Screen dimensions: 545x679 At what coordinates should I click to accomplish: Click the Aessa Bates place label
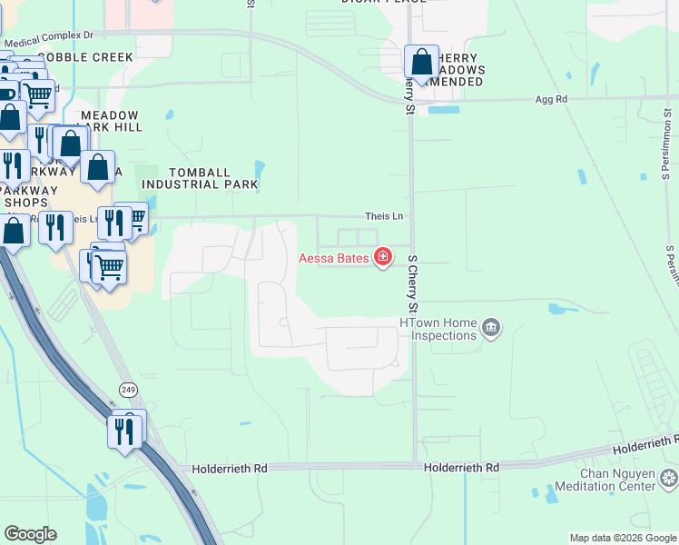(x=334, y=259)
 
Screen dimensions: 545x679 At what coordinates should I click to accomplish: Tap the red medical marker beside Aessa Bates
(x=383, y=258)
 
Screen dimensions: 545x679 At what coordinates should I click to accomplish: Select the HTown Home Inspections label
(x=438, y=329)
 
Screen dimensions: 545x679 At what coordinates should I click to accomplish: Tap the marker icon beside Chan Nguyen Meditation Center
(x=669, y=478)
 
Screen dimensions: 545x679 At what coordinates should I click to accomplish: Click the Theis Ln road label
(x=383, y=216)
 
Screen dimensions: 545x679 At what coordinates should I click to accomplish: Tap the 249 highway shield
(x=129, y=389)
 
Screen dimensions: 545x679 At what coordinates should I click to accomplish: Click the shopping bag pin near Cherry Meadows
(x=422, y=62)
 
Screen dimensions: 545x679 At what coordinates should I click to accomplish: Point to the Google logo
(x=30, y=534)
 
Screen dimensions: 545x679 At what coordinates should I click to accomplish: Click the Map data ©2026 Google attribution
(x=622, y=538)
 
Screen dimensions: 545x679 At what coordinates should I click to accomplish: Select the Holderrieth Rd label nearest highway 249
(x=230, y=469)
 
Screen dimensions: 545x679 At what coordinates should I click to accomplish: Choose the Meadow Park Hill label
(x=111, y=122)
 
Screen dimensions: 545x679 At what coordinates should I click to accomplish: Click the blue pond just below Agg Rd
(x=443, y=111)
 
